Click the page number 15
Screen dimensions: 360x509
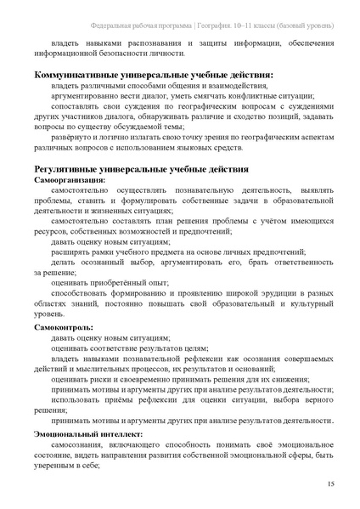[x=330, y=483]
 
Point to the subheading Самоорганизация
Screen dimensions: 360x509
[x=70, y=180]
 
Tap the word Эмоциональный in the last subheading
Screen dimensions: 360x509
[x=66, y=433]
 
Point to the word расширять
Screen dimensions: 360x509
[x=70, y=253]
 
